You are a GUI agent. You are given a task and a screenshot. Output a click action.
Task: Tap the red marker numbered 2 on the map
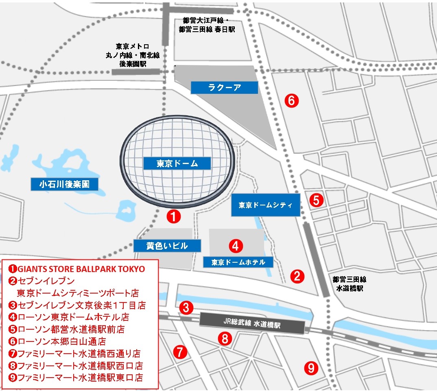tap(297, 277)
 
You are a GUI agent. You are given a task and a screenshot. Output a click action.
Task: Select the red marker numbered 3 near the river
tap(186, 307)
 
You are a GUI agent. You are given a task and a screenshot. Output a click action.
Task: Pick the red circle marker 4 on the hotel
tap(236, 245)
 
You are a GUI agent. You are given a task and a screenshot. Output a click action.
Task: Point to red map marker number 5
tap(317, 200)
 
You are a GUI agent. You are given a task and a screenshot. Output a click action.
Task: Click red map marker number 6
tap(292, 100)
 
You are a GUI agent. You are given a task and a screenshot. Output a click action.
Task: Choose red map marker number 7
tap(180, 351)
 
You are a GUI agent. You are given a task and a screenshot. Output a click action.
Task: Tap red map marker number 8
tap(225, 338)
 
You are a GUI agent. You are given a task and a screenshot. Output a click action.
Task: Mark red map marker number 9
tap(311, 368)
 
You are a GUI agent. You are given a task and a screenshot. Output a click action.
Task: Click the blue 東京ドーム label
tap(177, 164)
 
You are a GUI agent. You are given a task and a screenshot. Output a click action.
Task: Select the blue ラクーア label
tap(225, 87)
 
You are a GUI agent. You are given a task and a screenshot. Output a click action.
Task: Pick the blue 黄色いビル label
tap(167, 246)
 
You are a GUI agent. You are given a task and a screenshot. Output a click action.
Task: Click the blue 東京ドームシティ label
tap(266, 205)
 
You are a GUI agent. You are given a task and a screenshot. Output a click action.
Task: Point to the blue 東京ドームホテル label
tap(238, 262)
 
